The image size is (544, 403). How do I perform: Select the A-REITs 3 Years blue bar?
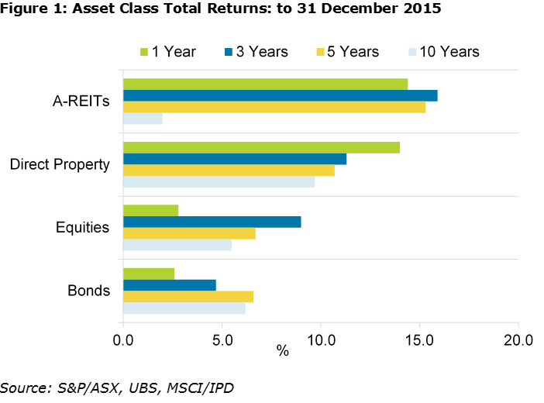pyautogui.click(x=280, y=95)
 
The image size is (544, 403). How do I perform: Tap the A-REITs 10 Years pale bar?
pyautogui.click(x=143, y=119)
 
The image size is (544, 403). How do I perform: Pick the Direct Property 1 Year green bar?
pyautogui.click(x=261, y=147)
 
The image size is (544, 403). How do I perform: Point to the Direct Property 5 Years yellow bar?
pyautogui.click(x=229, y=170)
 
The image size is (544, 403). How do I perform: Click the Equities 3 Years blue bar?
pyautogui.click(x=212, y=222)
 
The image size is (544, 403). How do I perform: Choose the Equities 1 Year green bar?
pyautogui.click(x=150, y=210)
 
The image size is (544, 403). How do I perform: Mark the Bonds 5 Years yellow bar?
pyautogui.click(x=188, y=296)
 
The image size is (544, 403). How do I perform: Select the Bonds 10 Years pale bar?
pyautogui.click(x=184, y=308)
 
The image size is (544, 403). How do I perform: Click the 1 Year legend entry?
pyautogui.click(x=167, y=52)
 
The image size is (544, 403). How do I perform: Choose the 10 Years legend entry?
pyautogui.click(x=442, y=52)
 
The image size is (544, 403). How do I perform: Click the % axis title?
pyautogui.click(x=283, y=351)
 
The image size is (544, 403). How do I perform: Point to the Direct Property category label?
pyautogui.click(x=60, y=164)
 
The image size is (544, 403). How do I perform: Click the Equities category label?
pyautogui.click(x=82, y=228)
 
